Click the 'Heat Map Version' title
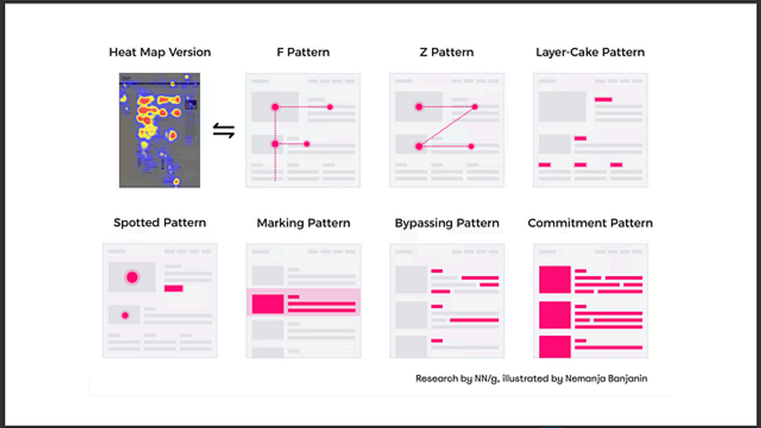[x=160, y=52]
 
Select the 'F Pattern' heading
[x=303, y=52]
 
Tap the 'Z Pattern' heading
[x=446, y=52]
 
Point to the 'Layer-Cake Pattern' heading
[x=590, y=52]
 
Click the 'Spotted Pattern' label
[x=160, y=223]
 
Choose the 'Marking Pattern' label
[x=303, y=223]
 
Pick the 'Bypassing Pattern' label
[x=447, y=223]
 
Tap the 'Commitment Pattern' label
[x=590, y=223]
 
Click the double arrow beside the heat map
[x=224, y=132]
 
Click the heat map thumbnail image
[x=160, y=130]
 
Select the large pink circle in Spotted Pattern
[x=132, y=277]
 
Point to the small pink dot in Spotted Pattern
[x=125, y=316]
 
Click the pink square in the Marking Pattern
[x=268, y=303]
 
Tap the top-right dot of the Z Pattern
[x=475, y=107]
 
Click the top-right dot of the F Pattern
[x=330, y=107]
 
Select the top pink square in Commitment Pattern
[x=554, y=279]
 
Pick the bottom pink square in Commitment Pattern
[x=554, y=346]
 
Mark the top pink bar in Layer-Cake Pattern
[x=603, y=99]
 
